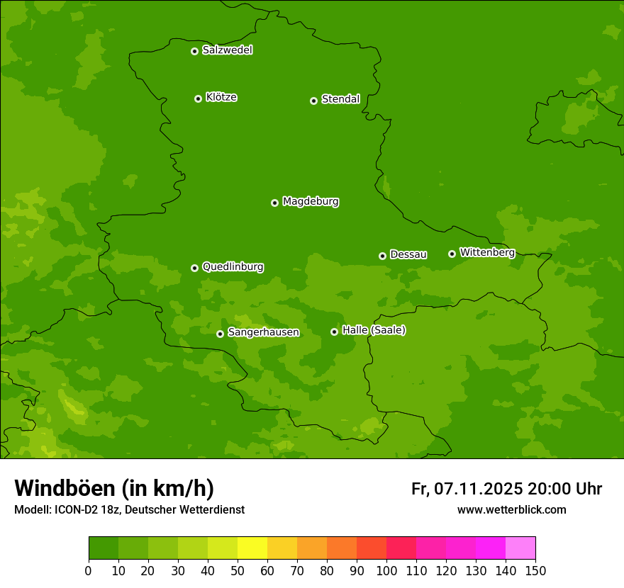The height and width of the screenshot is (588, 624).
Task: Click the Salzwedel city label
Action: [x=227, y=50]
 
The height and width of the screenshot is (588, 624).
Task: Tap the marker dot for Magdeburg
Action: [x=274, y=203]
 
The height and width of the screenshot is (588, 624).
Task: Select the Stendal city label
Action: [x=340, y=99]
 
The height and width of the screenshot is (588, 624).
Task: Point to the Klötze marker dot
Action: [x=198, y=98]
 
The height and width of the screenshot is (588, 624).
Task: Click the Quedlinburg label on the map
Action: [x=233, y=267]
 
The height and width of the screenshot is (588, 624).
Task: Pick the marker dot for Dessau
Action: [x=382, y=256]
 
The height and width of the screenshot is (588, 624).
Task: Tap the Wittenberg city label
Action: [x=486, y=252]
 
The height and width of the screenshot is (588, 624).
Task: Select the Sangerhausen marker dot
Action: [x=220, y=334]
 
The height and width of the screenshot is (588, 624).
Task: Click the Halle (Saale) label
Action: [x=374, y=330]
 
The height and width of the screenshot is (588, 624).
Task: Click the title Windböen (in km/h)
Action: [x=114, y=488]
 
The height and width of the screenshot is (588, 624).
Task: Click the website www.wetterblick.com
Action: [x=511, y=509]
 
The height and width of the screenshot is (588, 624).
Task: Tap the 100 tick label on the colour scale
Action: [x=386, y=570]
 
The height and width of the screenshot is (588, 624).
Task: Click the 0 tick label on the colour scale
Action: [x=89, y=570]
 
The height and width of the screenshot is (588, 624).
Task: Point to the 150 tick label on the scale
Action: [x=535, y=570]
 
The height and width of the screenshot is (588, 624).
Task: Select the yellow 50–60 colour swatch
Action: [x=252, y=548]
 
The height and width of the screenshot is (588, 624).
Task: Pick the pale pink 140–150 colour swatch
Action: [x=520, y=548]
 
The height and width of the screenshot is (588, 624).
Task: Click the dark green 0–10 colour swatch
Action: [x=104, y=548]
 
